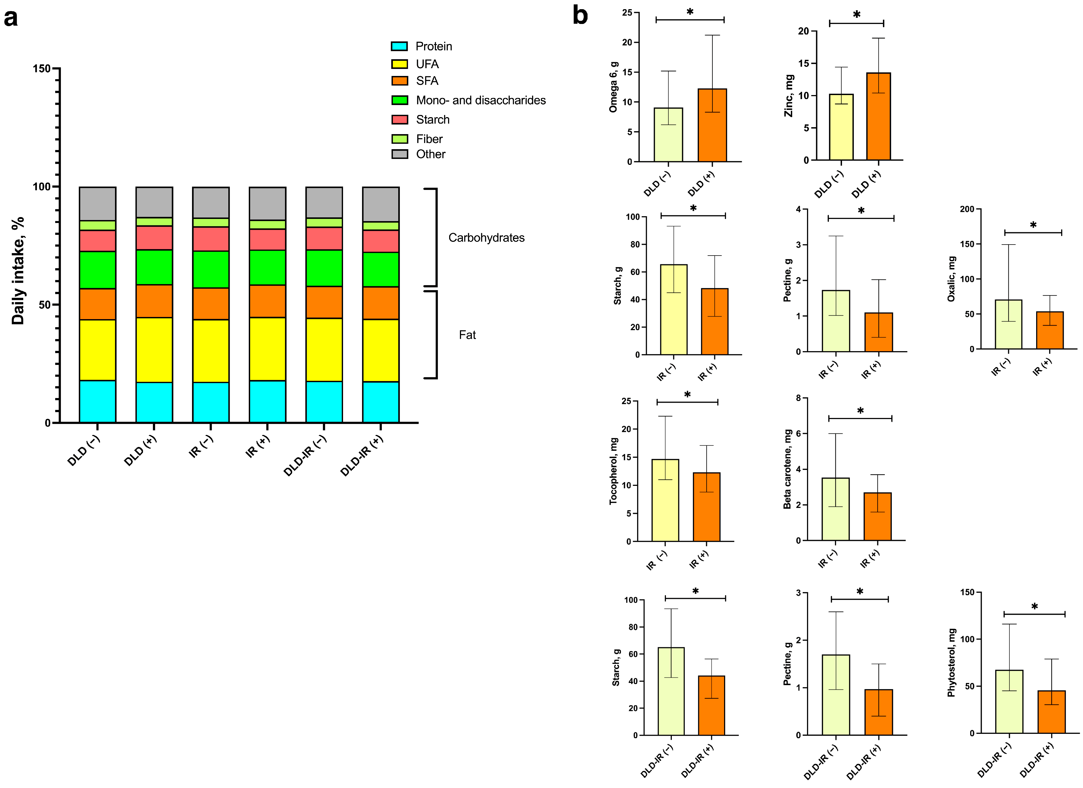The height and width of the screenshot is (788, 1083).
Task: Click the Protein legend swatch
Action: pyautogui.click(x=399, y=46)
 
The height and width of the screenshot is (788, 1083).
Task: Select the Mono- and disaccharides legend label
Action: pyautogui.click(x=480, y=100)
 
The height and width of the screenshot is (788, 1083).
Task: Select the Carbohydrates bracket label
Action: pyautogui.click(x=486, y=238)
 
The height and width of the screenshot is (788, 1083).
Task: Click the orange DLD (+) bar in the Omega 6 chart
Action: pyautogui.click(x=712, y=125)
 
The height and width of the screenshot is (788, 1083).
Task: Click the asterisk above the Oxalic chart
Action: pyautogui.click(x=1033, y=225)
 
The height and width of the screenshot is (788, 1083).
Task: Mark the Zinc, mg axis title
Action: pyautogui.click(x=789, y=96)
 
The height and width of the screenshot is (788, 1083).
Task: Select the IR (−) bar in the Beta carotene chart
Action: pyautogui.click(x=835, y=509)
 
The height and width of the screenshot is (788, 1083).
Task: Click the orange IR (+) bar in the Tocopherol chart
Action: pyautogui.click(x=706, y=507)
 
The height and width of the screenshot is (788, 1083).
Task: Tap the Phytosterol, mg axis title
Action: pyautogui.click(x=952, y=663)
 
